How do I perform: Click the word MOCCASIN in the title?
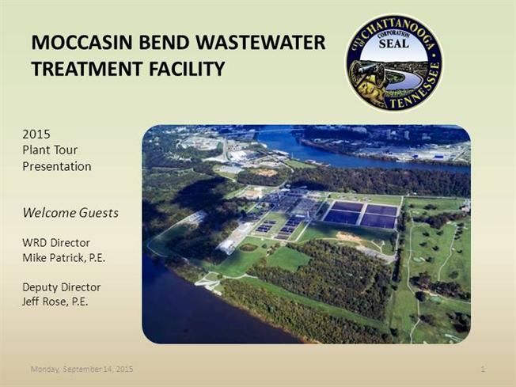pos(82,43)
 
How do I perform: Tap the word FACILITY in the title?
pos(187,69)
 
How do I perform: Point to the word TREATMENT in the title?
pos(87,69)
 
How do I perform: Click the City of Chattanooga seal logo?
pos(394,63)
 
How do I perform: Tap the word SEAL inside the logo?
pos(393,44)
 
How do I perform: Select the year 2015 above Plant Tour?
pos(36,135)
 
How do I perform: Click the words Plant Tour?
pos(50,150)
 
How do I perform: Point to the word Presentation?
pos(57,166)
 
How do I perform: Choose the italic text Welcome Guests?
pos(70,213)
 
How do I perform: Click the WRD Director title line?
pos(56,243)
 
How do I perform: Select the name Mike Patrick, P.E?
pos(64,258)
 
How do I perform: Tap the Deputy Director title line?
pos(62,287)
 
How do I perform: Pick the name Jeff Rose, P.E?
pos(55,302)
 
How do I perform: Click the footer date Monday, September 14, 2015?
pos(82,370)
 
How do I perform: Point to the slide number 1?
pos(483,370)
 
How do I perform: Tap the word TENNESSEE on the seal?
pos(419,88)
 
